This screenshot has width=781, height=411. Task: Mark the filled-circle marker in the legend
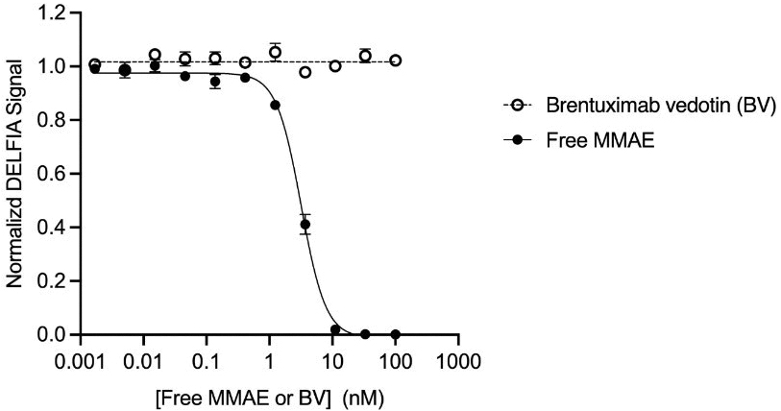point(519,139)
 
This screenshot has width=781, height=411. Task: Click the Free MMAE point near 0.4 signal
point(305,225)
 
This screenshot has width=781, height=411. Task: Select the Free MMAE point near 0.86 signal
point(275,105)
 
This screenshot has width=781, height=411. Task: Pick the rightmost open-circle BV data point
point(396,60)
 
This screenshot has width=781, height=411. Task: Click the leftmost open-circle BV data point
point(94,64)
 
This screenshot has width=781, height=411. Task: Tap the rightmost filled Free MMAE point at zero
point(396,334)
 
